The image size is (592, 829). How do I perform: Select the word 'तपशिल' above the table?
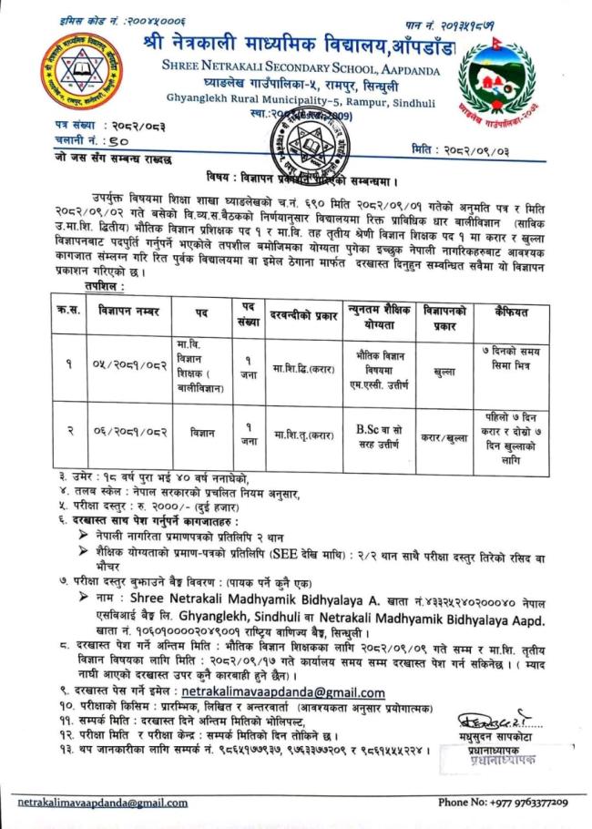(102, 286)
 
